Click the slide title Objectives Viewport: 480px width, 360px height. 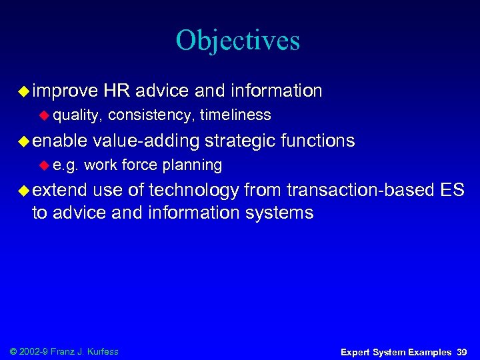238,41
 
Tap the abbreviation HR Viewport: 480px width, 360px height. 117,90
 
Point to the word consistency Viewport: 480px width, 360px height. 149,115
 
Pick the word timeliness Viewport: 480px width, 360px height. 235,115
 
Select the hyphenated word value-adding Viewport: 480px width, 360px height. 147,141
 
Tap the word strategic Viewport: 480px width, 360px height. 241,141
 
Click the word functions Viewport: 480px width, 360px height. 318,141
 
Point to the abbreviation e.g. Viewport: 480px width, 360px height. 65,165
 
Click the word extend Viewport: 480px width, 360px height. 60,191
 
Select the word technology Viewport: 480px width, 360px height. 194,191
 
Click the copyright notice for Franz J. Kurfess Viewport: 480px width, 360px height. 64,351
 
